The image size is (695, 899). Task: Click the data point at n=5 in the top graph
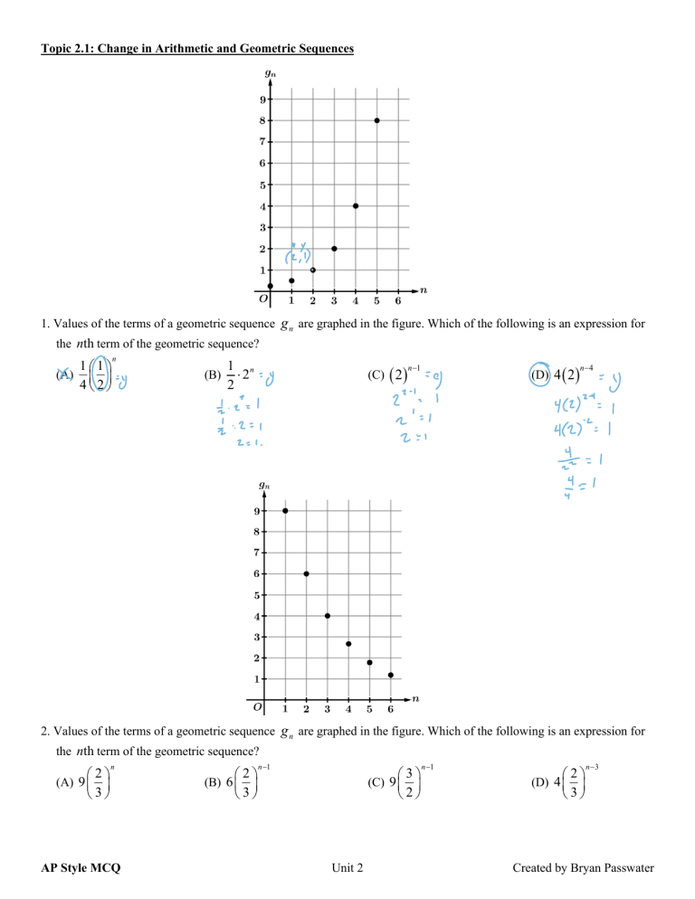click(376, 120)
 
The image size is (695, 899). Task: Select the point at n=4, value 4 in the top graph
click(356, 205)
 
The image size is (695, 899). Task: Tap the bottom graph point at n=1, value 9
click(285, 511)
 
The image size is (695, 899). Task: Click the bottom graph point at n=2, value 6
click(306, 573)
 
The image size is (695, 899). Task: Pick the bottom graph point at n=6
click(390, 675)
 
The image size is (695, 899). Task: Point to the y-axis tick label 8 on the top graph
click(262, 120)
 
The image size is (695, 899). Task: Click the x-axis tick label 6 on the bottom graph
click(390, 709)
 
